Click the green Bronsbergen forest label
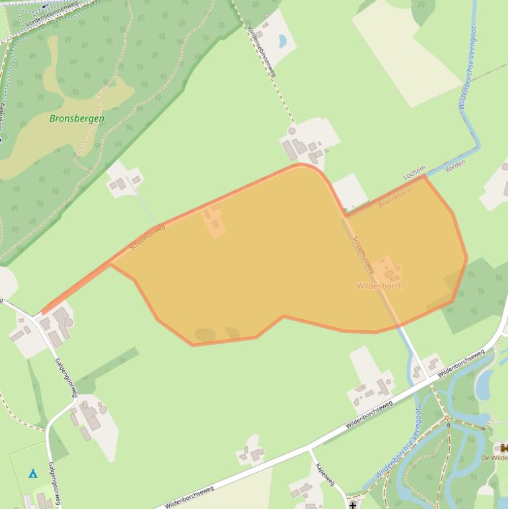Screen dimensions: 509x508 pos(77,119)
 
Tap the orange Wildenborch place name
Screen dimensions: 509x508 pos(379,286)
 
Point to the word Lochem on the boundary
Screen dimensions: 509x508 pos(414,173)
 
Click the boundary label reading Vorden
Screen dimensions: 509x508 pos(455,165)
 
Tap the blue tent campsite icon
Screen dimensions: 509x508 pos(32,473)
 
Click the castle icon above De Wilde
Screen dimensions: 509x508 pos(504,449)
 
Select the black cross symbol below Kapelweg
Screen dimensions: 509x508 pos(353,505)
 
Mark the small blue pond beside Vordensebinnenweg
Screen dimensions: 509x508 pos(282,41)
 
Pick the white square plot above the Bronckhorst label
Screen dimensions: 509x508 pos(350,191)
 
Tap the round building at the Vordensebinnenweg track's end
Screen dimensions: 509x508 pos(292,131)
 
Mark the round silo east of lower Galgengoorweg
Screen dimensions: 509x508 pos(68,322)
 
